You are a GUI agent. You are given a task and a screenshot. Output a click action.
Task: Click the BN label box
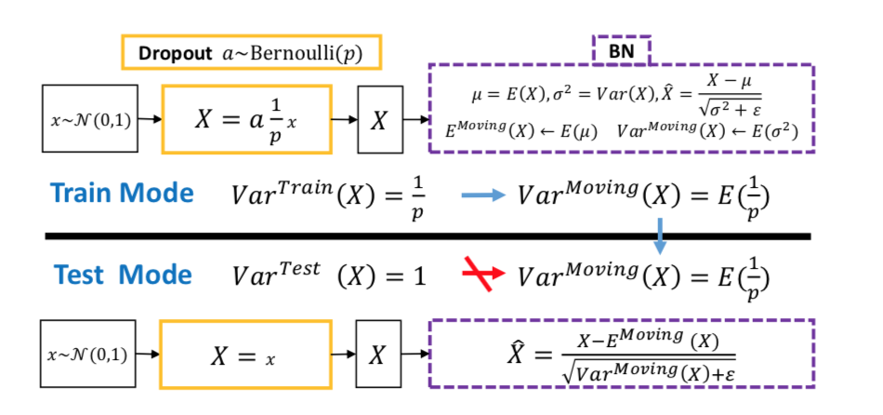(x=620, y=50)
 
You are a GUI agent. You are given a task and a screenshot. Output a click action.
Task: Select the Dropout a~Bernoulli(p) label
(x=251, y=53)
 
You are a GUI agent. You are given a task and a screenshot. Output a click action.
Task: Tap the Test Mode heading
(x=123, y=274)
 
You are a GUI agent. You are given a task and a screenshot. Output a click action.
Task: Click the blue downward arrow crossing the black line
(x=659, y=234)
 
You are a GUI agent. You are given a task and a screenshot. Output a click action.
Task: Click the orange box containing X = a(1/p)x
(x=246, y=119)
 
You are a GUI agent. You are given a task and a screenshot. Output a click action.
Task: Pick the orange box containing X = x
(x=246, y=355)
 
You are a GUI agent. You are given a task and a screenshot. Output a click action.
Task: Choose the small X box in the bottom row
(x=379, y=355)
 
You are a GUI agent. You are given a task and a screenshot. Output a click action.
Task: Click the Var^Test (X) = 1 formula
(x=328, y=275)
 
